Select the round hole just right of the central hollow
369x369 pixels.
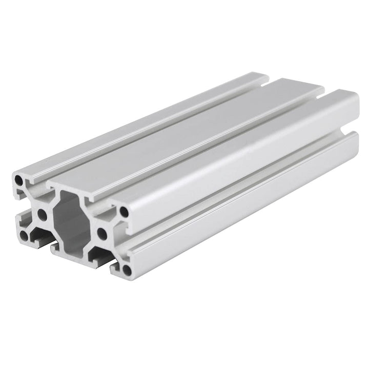tap(102, 234)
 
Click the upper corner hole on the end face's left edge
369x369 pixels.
tap(19, 180)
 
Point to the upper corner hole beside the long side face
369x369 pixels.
tap(124, 211)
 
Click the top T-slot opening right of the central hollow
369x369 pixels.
tap(102, 205)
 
